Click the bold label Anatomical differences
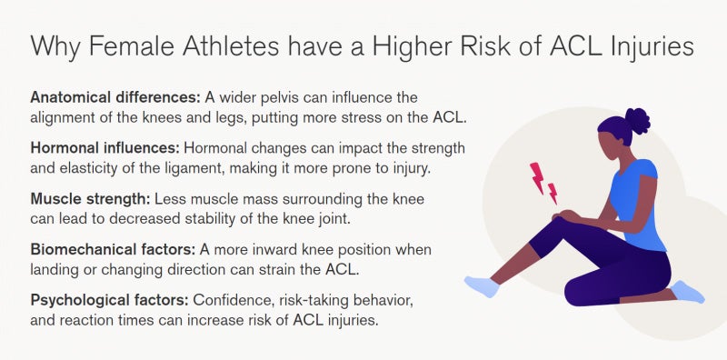coord(114,96)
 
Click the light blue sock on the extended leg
coord(482,286)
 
